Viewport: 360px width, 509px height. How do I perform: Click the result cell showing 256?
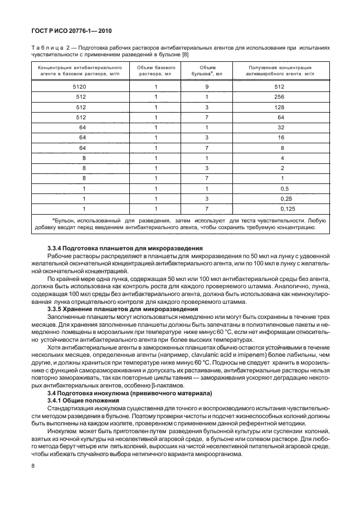[x=280, y=97]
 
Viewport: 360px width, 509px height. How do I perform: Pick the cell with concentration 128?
[x=280, y=107]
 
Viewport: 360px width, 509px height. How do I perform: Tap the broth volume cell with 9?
[x=207, y=87]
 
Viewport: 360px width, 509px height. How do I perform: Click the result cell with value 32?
[x=280, y=127]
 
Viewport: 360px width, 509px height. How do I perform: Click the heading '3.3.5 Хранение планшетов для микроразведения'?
[x=123, y=308]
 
